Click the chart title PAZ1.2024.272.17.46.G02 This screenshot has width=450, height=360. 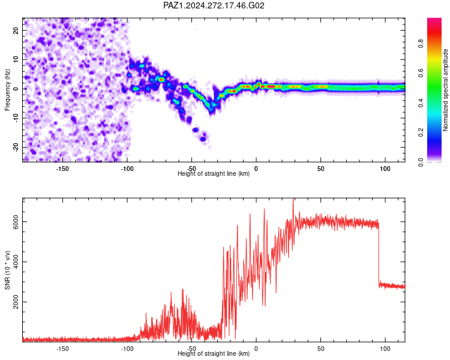click(214, 5)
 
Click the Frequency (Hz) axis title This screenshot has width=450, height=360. click(7, 90)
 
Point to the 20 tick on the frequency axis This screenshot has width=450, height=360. click(16, 30)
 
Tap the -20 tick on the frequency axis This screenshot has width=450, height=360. click(16, 148)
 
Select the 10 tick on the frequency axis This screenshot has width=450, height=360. click(16, 59)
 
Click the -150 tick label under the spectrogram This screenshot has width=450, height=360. click(62, 169)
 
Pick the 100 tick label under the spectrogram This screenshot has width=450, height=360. click(385, 169)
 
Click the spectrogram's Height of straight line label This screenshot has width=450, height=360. click(214, 173)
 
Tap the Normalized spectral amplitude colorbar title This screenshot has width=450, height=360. click(445, 90)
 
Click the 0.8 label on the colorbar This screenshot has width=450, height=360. click(421, 44)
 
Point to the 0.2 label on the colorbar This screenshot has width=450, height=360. click(421, 133)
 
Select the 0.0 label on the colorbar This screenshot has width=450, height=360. click(421, 162)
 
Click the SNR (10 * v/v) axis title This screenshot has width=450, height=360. click(7, 270)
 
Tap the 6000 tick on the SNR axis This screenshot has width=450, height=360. click(16, 222)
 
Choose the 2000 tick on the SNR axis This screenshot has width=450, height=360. click(16, 302)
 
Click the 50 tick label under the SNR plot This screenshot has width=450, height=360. click(320, 349)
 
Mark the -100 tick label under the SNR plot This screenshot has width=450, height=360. click(127, 349)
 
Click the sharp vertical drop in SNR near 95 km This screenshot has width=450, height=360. click(379, 254)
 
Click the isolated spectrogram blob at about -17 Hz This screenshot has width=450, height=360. click(203, 139)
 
